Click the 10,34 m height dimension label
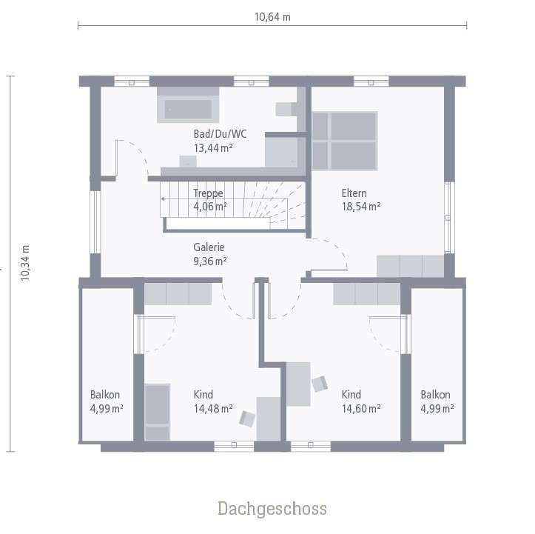pos(24,264)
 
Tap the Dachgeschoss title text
pos(272,509)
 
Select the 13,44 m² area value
pos(214,147)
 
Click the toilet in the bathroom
pos(285,109)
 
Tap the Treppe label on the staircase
pos(208,193)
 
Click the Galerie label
pos(209,247)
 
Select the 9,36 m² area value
pos(210,261)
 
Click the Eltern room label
pos(354,193)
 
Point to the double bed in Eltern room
pos(344,140)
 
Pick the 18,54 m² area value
pos(360,207)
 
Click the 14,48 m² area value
pos(213,408)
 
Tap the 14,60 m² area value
pos(361,408)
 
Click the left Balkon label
pos(105,395)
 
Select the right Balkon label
pos(435,395)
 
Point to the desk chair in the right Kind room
pos(319,384)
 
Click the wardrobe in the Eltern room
pos(410,265)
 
